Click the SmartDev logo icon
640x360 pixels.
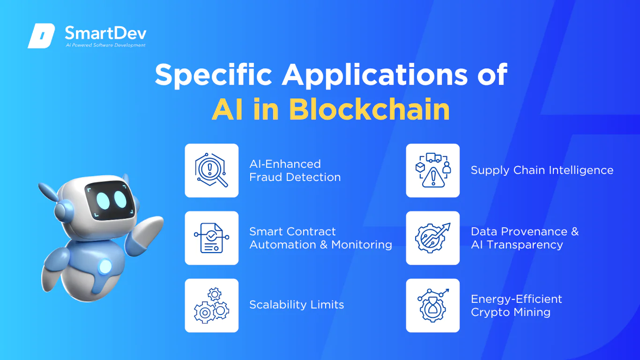(x=41, y=36)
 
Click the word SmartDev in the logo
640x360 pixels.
(x=106, y=33)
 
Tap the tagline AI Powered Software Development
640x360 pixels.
(x=106, y=45)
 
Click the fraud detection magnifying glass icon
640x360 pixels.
(x=211, y=170)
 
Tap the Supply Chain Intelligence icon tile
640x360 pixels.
(x=432, y=171)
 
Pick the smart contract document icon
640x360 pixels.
(x=211, y=238)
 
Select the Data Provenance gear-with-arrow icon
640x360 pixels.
(x=432, y=238)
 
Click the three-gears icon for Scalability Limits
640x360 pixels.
(x=211, y=305)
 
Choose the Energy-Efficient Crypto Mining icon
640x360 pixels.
(x=432, y=305)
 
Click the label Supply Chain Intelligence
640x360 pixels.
(x=542, y=171)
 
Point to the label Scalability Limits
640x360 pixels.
(x=297, y=305)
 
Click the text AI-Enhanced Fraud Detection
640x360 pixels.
(x=295, y=171)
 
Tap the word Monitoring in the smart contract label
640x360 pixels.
(x=361, y=245)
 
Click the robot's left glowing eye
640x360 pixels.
(x=103, y=201)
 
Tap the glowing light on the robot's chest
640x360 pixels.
(x=105, y=267)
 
